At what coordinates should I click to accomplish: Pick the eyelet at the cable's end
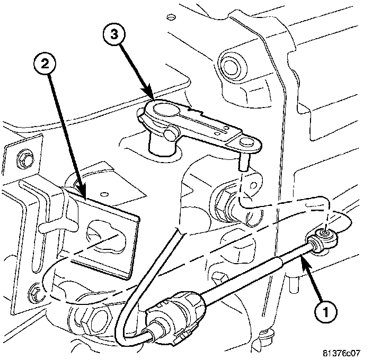pyautogui.click(x=323, y=234)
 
